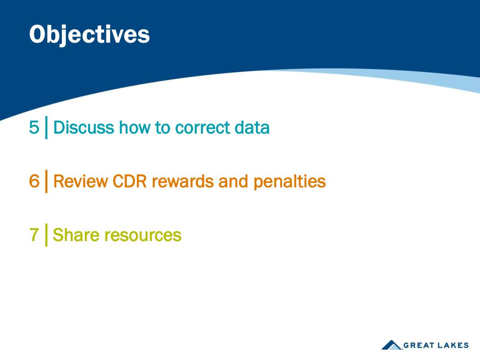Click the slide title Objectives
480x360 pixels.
point(90,35)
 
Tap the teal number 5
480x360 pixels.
point(34,127)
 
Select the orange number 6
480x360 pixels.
point(34,181)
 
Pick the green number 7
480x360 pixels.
point(34,235)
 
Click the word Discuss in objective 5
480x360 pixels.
point(83,127)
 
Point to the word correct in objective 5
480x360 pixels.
point(202,128)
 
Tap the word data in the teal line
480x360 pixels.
point(252,127)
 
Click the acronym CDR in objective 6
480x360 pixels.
point(130,181)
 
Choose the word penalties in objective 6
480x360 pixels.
point(290,182)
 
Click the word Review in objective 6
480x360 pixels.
point(81,181)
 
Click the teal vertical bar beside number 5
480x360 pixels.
point(46,127)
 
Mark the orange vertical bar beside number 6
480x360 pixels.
point(46,181)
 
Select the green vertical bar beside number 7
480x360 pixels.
point(46,235)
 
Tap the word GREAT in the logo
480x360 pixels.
point(419,345)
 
